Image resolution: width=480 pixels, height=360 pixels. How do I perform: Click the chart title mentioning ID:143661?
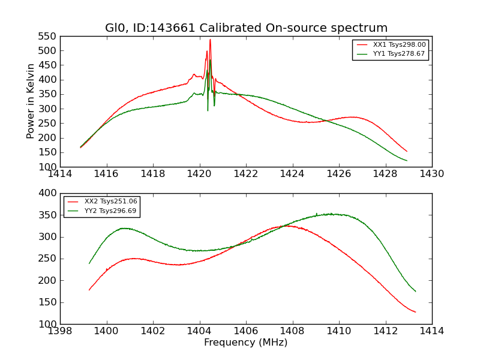pos(246,28)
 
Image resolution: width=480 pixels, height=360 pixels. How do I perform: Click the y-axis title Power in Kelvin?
pos(31,101)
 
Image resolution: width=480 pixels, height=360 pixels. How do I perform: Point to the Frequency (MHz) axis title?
pos(246,343)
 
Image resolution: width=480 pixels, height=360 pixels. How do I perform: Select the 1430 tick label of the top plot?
pos(432,174)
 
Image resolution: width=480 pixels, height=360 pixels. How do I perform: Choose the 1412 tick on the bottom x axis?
pos(385,331)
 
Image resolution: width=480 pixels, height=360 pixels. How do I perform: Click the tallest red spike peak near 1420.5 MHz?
pos(210,40)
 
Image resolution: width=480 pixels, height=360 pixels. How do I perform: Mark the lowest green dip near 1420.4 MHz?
pos(208,110)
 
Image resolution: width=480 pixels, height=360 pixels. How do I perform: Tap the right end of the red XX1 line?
pos(407,151)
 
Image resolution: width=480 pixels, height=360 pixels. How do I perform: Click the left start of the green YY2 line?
pos(89,263)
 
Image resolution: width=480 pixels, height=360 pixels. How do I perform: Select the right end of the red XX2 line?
pos(415,312)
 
